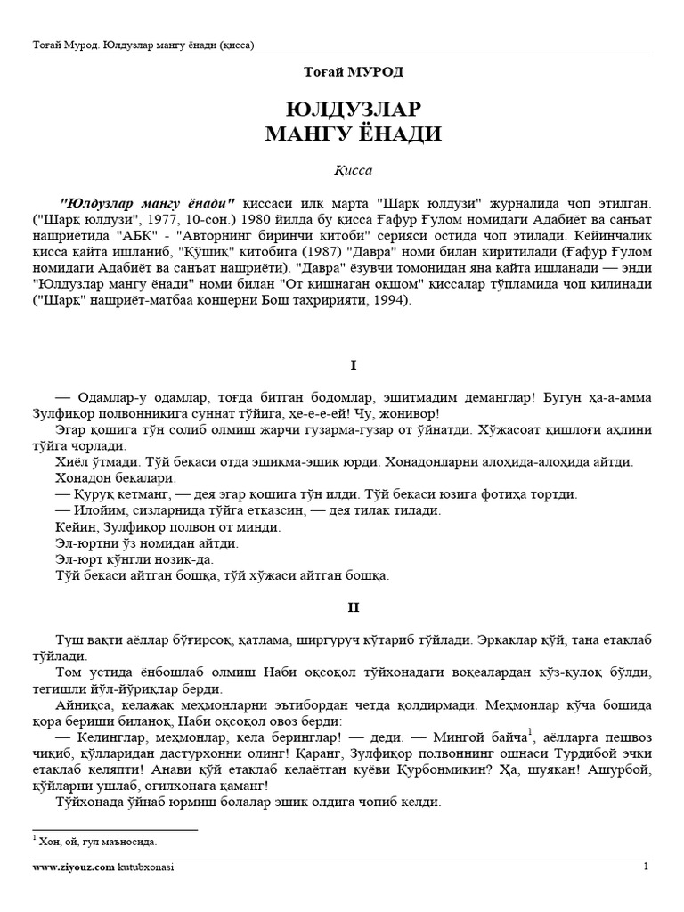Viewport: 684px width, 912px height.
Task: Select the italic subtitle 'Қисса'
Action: tap(342, 167)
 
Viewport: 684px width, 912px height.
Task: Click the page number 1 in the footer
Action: tap(647, 866)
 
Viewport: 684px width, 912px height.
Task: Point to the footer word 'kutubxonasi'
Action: tap(145, 867)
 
